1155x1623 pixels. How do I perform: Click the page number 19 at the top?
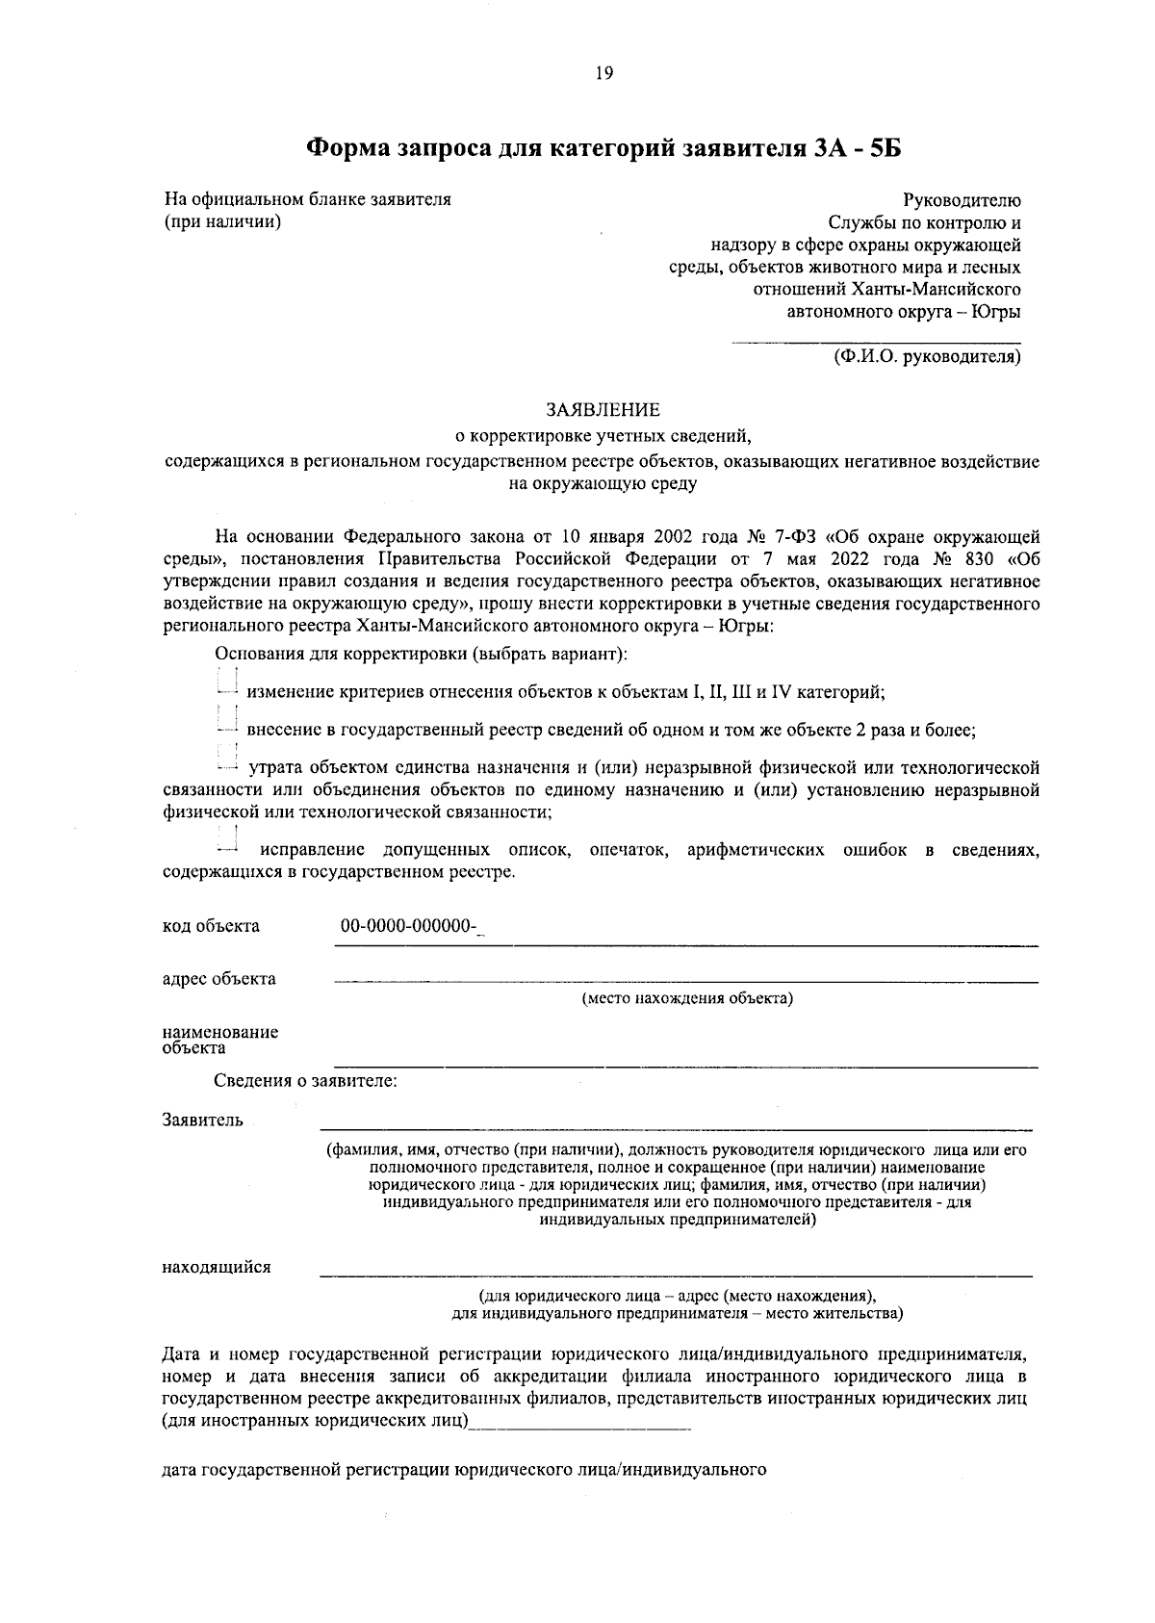[604, 74]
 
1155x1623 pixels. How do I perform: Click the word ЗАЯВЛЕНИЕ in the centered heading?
[603, 410]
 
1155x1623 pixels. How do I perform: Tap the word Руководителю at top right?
[962, 200]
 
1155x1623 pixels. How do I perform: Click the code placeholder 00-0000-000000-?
[410, 926]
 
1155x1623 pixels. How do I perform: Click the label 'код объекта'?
[211, 926]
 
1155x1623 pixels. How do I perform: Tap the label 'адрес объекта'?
[218, 979]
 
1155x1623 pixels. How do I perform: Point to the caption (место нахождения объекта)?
[687, 998]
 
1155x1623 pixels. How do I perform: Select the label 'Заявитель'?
[202, 1121]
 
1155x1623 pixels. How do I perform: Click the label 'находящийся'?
[217, 1267]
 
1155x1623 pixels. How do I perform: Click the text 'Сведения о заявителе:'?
[306, 1081]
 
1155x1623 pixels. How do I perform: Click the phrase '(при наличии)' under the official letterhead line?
[223, 222]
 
